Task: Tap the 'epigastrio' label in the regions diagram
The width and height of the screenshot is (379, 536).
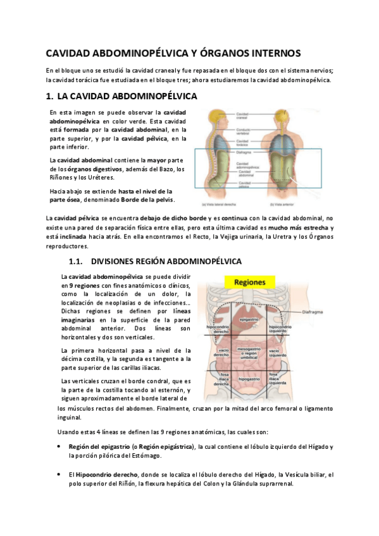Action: point(247,320)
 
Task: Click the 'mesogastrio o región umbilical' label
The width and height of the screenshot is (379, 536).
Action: point(247,351)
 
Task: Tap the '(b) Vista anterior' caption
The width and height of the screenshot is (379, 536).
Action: point(288,204)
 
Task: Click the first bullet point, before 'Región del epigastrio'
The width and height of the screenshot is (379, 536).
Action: point(59,446)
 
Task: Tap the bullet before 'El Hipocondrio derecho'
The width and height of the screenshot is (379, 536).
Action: point(59,474)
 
